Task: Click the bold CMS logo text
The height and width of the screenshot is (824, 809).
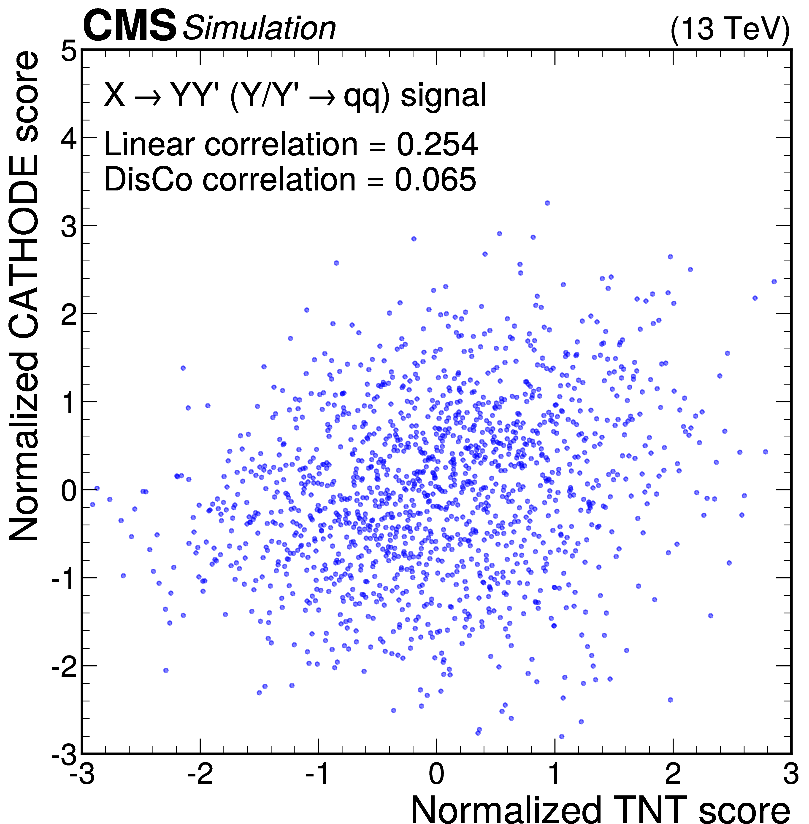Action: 130,26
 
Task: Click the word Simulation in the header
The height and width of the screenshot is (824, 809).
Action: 259,29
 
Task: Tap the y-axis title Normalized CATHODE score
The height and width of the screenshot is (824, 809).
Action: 25,297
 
